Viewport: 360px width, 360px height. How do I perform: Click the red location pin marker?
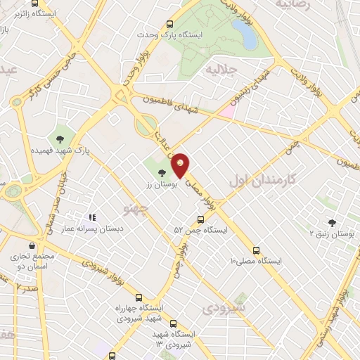pyautogui.click(x=181, y=165)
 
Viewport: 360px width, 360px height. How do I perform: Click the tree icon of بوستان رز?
pyautogui.click(x=162, y=172)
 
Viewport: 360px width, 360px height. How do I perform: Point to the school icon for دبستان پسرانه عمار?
pyautogui.click(x=91, y=218)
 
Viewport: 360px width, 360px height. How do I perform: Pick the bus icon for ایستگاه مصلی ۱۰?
pyautogui.click(x=255, y=249)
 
